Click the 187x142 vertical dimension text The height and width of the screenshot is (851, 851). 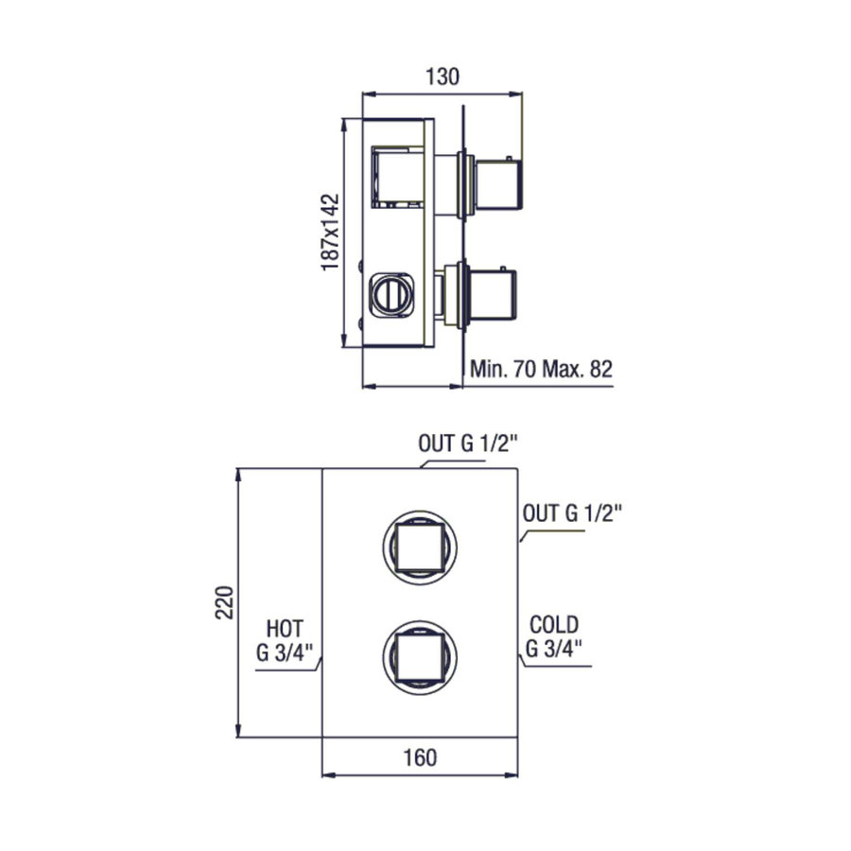coord(330,232)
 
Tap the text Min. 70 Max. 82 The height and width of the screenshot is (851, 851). coord(541,370)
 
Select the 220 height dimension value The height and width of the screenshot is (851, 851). coord(224,602)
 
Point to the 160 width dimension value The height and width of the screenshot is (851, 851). coord(420,757)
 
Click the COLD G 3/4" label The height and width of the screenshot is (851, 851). coord(553,636)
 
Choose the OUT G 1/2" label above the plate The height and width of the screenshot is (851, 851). coord(469,443)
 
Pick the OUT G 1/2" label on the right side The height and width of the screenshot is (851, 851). coord(573,514)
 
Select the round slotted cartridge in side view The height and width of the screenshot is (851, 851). coord(389,293)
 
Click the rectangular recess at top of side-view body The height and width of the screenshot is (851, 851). coord(398,175)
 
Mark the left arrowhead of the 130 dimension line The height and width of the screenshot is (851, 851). coord(370,94)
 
